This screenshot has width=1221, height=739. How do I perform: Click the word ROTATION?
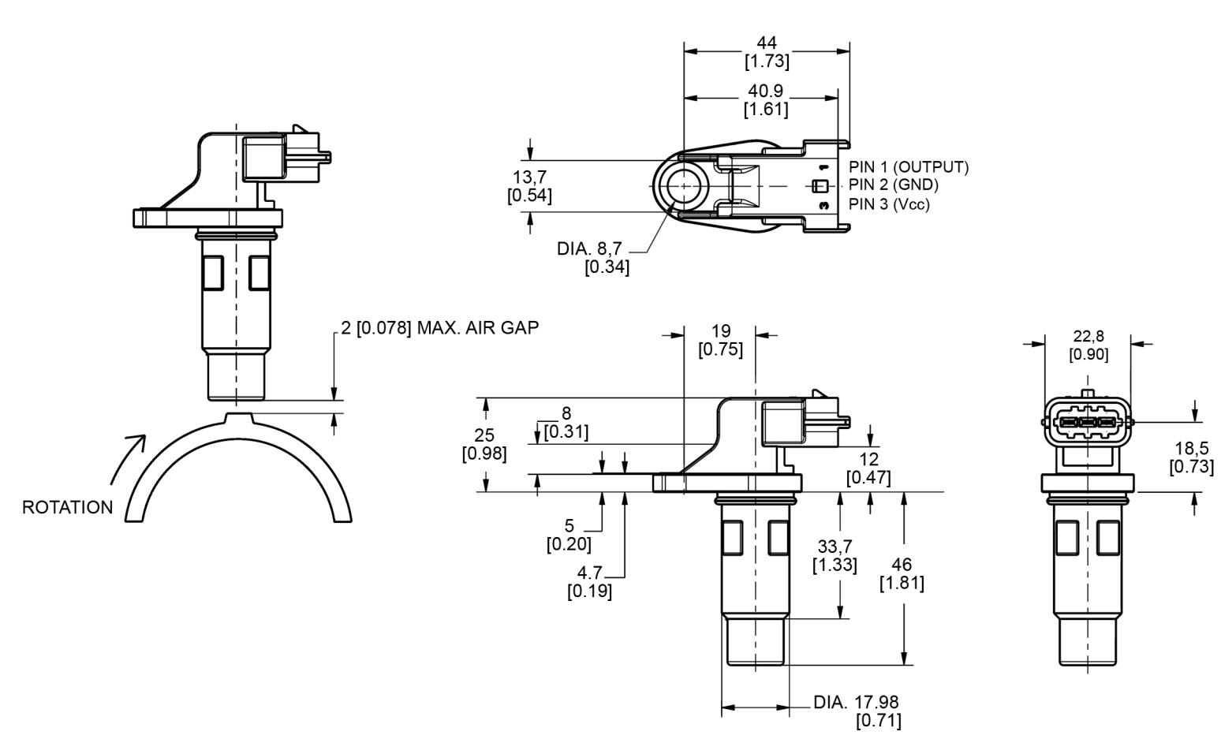(67, 507)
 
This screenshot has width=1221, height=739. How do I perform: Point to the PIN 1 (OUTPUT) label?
(909, 167)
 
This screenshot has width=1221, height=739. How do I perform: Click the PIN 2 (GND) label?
(894, 185)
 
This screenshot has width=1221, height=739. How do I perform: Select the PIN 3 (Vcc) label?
(889, 204)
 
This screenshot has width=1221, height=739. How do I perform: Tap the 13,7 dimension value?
(530, 177)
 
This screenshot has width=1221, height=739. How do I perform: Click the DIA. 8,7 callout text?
(589, 248)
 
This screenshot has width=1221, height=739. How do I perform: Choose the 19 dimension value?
(721, 331)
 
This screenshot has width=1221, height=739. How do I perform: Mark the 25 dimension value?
(484, 435)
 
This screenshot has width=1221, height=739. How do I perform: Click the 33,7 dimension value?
(835, 546)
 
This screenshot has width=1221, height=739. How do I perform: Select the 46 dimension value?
(902, 565)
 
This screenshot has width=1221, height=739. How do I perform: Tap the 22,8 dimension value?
(1088, 337)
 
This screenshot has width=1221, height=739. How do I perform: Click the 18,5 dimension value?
(1191, 449)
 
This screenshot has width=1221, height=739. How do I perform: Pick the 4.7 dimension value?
(589, 573)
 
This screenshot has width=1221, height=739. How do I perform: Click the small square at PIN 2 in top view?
(819, 186)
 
